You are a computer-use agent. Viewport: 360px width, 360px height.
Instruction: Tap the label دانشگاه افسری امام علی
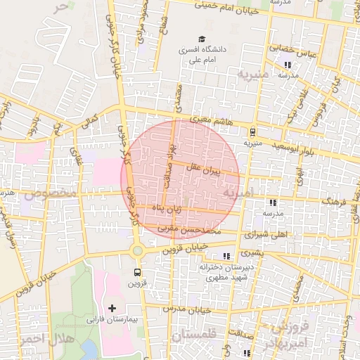pyautogui.click(x=205, y=55)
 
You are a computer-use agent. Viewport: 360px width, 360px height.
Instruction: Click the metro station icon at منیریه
pyautogui.click(x=252, y=131)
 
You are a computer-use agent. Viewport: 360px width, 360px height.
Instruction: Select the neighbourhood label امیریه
pyautogui.click(x=237, y=191)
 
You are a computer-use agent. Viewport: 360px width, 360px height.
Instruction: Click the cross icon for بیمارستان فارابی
pyautogui.click(x=112, y=308)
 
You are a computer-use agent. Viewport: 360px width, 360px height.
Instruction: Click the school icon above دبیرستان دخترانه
pyautogui.click(x=226, y=256)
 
